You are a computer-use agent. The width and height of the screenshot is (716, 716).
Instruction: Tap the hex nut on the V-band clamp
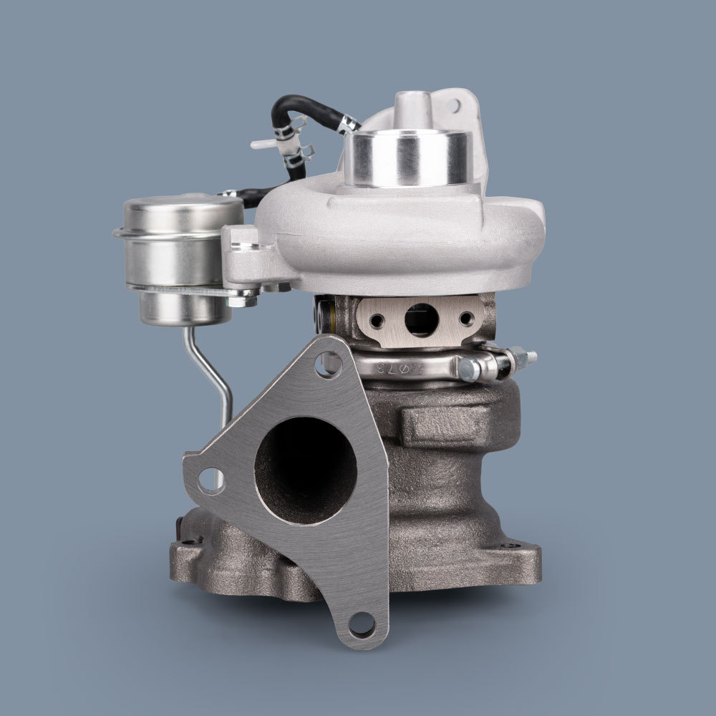(468, 369)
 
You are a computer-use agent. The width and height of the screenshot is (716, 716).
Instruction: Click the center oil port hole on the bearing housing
(421, 319)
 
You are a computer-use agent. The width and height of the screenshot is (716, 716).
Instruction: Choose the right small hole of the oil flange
(467, 318)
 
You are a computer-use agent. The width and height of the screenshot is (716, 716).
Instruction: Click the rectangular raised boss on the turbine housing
(444, 426)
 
